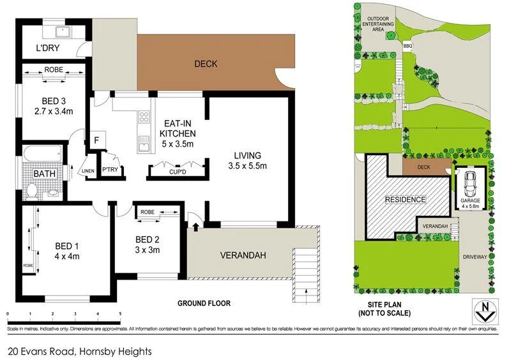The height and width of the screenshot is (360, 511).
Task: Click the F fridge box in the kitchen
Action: click(96, 139)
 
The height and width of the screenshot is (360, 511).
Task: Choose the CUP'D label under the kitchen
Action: click(178, 172)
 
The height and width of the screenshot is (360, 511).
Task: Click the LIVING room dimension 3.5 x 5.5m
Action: click(248, 166)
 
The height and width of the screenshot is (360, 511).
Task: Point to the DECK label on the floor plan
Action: click(206, 64)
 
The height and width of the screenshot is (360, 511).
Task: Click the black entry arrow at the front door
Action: click(193, 225)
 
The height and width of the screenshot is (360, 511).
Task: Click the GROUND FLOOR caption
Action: click(204, 304)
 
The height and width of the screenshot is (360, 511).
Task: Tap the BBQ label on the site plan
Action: click(408, 45)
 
